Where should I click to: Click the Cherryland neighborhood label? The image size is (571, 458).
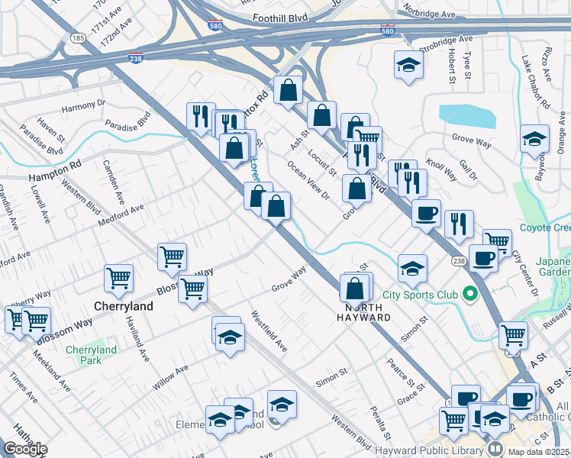pyautogui.click(x=124, y=306)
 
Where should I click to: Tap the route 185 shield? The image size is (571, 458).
pyautogui.click(x=77, y=37)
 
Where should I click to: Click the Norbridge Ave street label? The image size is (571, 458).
pyautogui.click(x=429, y=13)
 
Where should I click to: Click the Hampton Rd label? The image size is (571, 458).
pyautogui.click(x=54, y=169)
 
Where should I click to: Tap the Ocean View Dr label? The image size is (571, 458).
pyautogui.click(x=308, y=180)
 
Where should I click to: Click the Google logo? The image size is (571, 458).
pyautogui.click(x=25, y=449)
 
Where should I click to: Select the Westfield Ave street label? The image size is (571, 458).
pyautogui.click(x=268, y=331)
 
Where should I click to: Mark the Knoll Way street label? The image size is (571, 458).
pyautogui.click(x=440, y=169)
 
